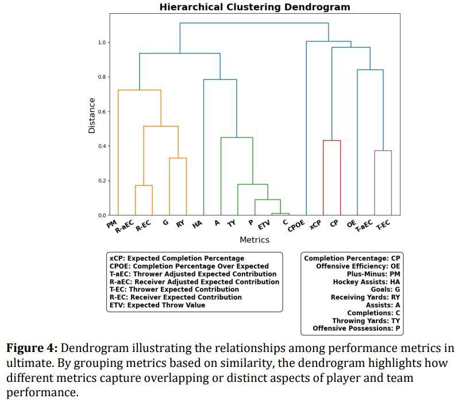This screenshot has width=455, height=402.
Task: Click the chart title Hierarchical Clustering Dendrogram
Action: [x=255, y=7]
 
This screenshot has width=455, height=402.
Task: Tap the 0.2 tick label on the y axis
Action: [x=102, y=181]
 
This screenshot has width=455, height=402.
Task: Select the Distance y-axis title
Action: [x=92, y=116]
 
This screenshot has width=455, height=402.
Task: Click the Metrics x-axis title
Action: [x=254, y=240]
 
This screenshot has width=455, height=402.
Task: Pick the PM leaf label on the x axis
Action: [x=111, y=224]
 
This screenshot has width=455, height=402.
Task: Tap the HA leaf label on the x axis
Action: [x=197, y=224]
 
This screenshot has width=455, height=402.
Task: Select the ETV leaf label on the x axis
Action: [x=264, y=224]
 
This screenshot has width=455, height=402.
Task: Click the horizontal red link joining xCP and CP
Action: [x=331, y=140]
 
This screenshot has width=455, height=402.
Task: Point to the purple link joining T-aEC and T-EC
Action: [x=383, y=151]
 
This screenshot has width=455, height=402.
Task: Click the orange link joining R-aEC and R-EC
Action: [x=144, y=185]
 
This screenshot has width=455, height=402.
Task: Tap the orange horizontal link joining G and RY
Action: [x=178, y=158]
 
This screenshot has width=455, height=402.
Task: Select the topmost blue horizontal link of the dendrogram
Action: [x=254, y=23]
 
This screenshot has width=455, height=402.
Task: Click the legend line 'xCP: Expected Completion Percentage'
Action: [x=176, y=258]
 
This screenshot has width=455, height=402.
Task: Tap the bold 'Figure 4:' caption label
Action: [x=32, y=349]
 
